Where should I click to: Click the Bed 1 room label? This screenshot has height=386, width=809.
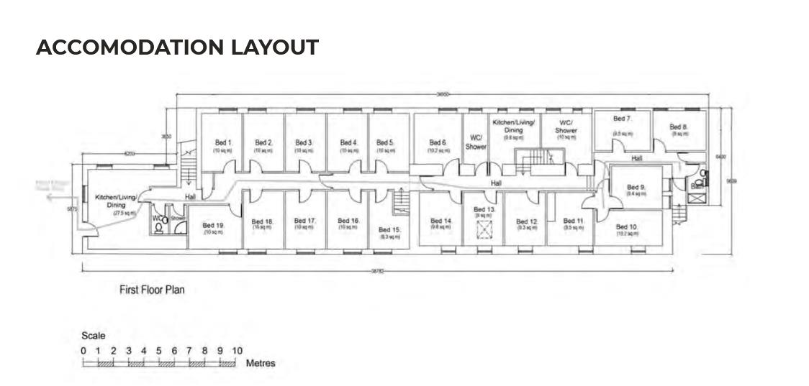pos(224,142)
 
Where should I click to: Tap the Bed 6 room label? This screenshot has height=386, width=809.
pos(438,142)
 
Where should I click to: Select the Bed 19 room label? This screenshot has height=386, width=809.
pos(213,225)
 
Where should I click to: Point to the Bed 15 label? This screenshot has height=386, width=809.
pos(389,230)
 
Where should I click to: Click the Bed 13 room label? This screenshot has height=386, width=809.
pos(484,209)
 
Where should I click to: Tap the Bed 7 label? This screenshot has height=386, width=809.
pos(622,119)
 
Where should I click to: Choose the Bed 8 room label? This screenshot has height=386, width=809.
pos(679,127)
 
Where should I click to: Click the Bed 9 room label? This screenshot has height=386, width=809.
pos(636,187)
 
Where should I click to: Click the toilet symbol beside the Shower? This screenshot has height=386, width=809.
pos(158,228)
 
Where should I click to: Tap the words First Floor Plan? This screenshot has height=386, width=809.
pos(153,290)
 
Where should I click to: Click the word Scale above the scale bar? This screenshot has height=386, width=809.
pos(94,336)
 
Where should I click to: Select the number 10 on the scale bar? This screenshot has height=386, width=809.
pos(237,350)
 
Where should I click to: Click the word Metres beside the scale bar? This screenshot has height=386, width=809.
pos(260,363)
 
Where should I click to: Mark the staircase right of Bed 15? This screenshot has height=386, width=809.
pos(402,201)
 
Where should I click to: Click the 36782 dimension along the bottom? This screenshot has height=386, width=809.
pos(377,271)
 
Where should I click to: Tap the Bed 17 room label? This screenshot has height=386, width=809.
pos(305,221)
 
